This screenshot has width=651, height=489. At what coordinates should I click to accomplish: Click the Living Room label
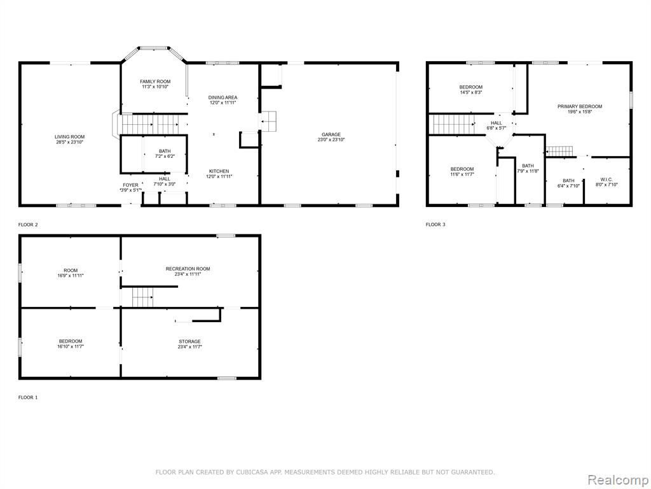[x=70, y=137]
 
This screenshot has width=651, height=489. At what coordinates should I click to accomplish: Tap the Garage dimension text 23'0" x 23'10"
[x=331, y=140]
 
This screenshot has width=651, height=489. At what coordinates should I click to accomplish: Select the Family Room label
[x=155, y=81]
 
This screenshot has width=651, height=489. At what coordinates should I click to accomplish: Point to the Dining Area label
[x=223, y=97]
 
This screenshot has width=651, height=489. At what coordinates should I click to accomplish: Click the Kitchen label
[x=219, y=171]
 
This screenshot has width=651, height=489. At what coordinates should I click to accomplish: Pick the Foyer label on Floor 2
[x=130, y=185]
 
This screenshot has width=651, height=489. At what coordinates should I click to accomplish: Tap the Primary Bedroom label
[x=580, y=106]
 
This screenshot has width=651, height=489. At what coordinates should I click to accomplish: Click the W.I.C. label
[x=606, y=180]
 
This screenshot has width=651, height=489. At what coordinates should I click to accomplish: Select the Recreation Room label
[x=188, y=269]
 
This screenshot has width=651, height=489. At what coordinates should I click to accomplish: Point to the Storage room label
[x=189, y=341]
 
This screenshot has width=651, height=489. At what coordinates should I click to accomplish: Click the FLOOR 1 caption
[x=28, y=397]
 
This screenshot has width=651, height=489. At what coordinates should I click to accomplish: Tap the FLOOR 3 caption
[x=435, y=225]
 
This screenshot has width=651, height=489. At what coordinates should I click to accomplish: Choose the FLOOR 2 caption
[x=28, y=225]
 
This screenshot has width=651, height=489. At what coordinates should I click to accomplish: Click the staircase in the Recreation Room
[x=143, y=297]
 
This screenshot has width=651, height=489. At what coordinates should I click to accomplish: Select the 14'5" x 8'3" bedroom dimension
[x=471, y=92]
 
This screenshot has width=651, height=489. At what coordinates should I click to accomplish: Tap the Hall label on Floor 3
[x=497, y=123]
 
